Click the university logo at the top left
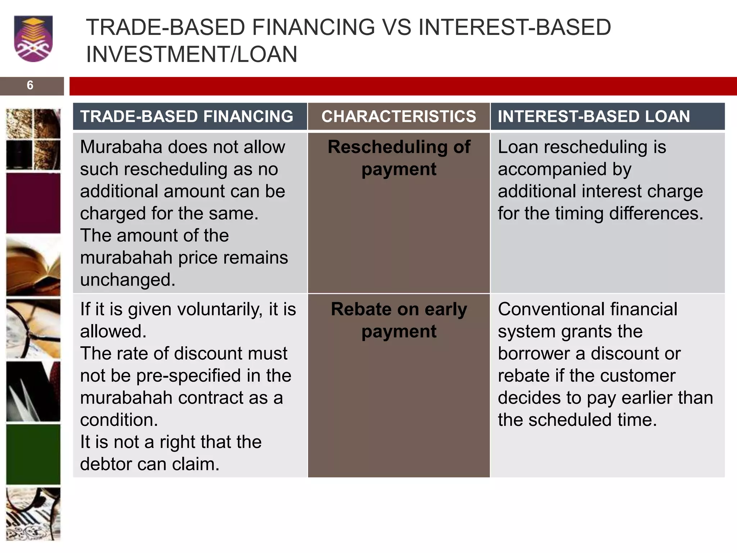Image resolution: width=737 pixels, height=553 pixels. pos(33,38)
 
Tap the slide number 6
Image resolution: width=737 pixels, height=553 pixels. pos(30,85)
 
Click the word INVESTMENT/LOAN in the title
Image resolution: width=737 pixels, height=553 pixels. pos(191,54)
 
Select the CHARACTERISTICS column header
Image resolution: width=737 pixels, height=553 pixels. pos(398,116)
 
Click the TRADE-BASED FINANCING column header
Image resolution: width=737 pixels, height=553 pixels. pos(186,116)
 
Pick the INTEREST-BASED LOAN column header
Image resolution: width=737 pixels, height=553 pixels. pos(594,116)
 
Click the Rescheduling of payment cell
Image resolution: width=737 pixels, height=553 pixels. pos(398,158)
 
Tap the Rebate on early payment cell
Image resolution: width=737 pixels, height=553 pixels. pos(398,320)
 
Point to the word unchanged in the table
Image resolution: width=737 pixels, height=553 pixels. pos(127,280)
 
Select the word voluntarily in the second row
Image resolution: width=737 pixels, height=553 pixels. pos(195,309)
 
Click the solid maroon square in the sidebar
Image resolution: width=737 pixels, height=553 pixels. pos(33,203)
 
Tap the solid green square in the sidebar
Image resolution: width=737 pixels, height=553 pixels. pos(33,454)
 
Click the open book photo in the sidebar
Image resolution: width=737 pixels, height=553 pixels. pos(33,266)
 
